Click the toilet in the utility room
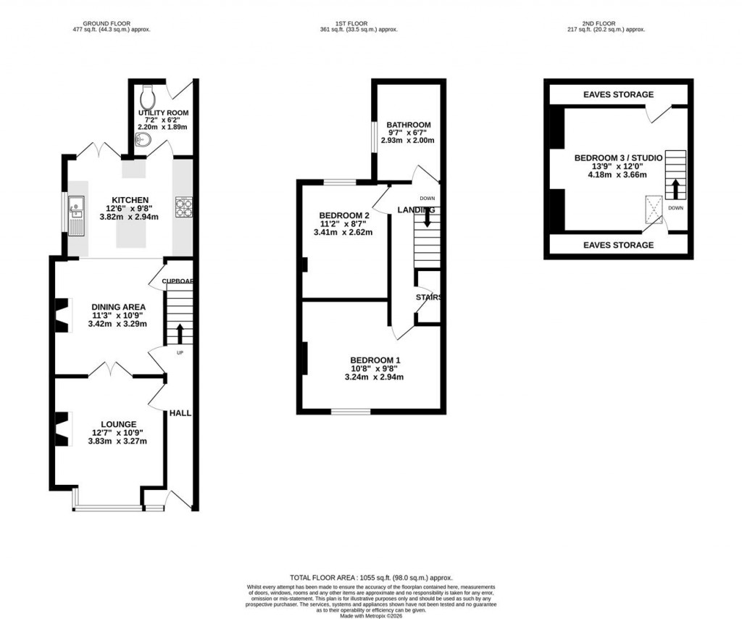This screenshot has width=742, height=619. (x=147, y=94)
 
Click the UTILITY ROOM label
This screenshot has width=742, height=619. (x=163, y=113)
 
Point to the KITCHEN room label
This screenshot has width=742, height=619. (x=130, y=200)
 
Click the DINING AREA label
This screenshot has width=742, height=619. (x=118, y=307)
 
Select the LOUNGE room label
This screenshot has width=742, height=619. (x=118, y=424)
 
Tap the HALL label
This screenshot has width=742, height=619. (x=180, y=413)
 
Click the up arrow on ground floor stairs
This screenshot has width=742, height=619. (x=179, y=334)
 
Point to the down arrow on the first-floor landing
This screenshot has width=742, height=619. (x=427, y=217)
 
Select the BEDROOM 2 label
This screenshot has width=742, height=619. (x=344, y=216)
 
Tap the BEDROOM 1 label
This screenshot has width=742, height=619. (x=375, y=360)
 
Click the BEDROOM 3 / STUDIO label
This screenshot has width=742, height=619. (x=618, y=157)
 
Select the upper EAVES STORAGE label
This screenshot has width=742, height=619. (x=618, y=95)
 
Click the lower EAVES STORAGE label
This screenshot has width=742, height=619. (x=618, y=245)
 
